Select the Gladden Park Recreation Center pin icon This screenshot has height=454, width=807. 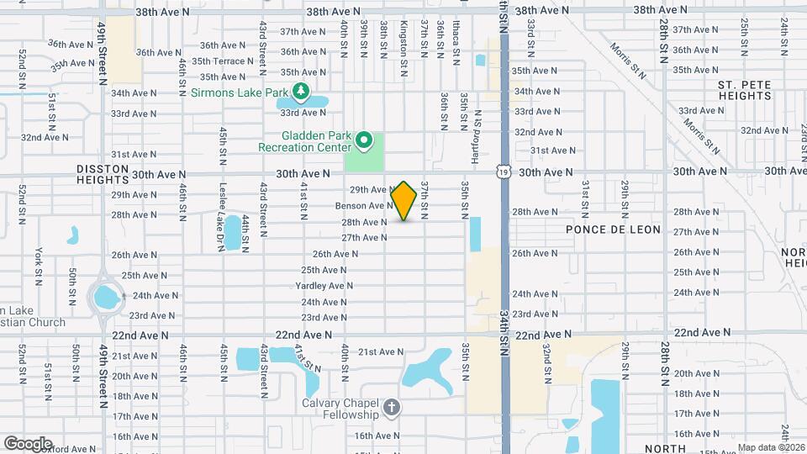click(x=363, y=140)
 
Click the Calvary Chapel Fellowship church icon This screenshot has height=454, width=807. click(x=390, y=409)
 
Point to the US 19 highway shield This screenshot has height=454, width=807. click(x=504, y=172)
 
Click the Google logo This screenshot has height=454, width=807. click(x=28, y=443)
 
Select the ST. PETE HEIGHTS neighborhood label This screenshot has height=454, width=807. click(x=745, y=91)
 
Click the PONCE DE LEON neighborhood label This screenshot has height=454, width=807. click(x=613, y=230)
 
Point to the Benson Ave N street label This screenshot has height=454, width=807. click(x=364, y=206)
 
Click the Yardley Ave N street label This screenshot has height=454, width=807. click(x=324, y=286)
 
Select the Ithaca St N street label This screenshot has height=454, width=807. click(x=456, y=40)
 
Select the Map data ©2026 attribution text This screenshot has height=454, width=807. click(x=770, y=447)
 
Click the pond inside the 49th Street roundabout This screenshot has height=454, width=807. click(x=107, y=297)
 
